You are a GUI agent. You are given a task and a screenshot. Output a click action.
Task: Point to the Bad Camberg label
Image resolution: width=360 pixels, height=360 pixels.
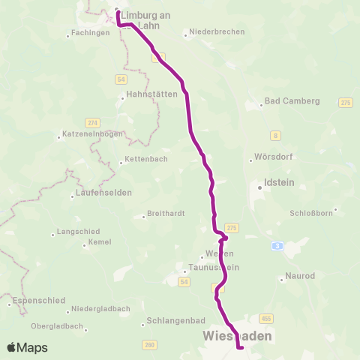(292, 100)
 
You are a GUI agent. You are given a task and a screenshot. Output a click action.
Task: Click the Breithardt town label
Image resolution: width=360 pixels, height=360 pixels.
(166, 213)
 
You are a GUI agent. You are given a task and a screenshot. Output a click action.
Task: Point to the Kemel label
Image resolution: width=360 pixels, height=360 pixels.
(100, 243)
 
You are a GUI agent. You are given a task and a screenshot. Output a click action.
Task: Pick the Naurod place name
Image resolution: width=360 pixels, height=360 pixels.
(302, 277)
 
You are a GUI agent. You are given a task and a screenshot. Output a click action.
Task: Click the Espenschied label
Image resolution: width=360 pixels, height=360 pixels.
(37, 300)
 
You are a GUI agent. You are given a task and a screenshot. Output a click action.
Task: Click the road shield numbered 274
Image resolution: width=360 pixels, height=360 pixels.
(93, 122)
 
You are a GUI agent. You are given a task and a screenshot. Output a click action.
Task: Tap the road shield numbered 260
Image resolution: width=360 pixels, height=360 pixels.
(149, 344)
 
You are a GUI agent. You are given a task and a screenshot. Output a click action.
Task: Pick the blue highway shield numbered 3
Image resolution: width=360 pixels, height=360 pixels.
(278, 245)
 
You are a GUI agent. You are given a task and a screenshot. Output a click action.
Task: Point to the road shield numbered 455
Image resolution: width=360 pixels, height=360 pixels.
(265, 319)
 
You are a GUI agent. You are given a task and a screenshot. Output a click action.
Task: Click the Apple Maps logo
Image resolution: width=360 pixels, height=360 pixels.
(27, 347)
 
